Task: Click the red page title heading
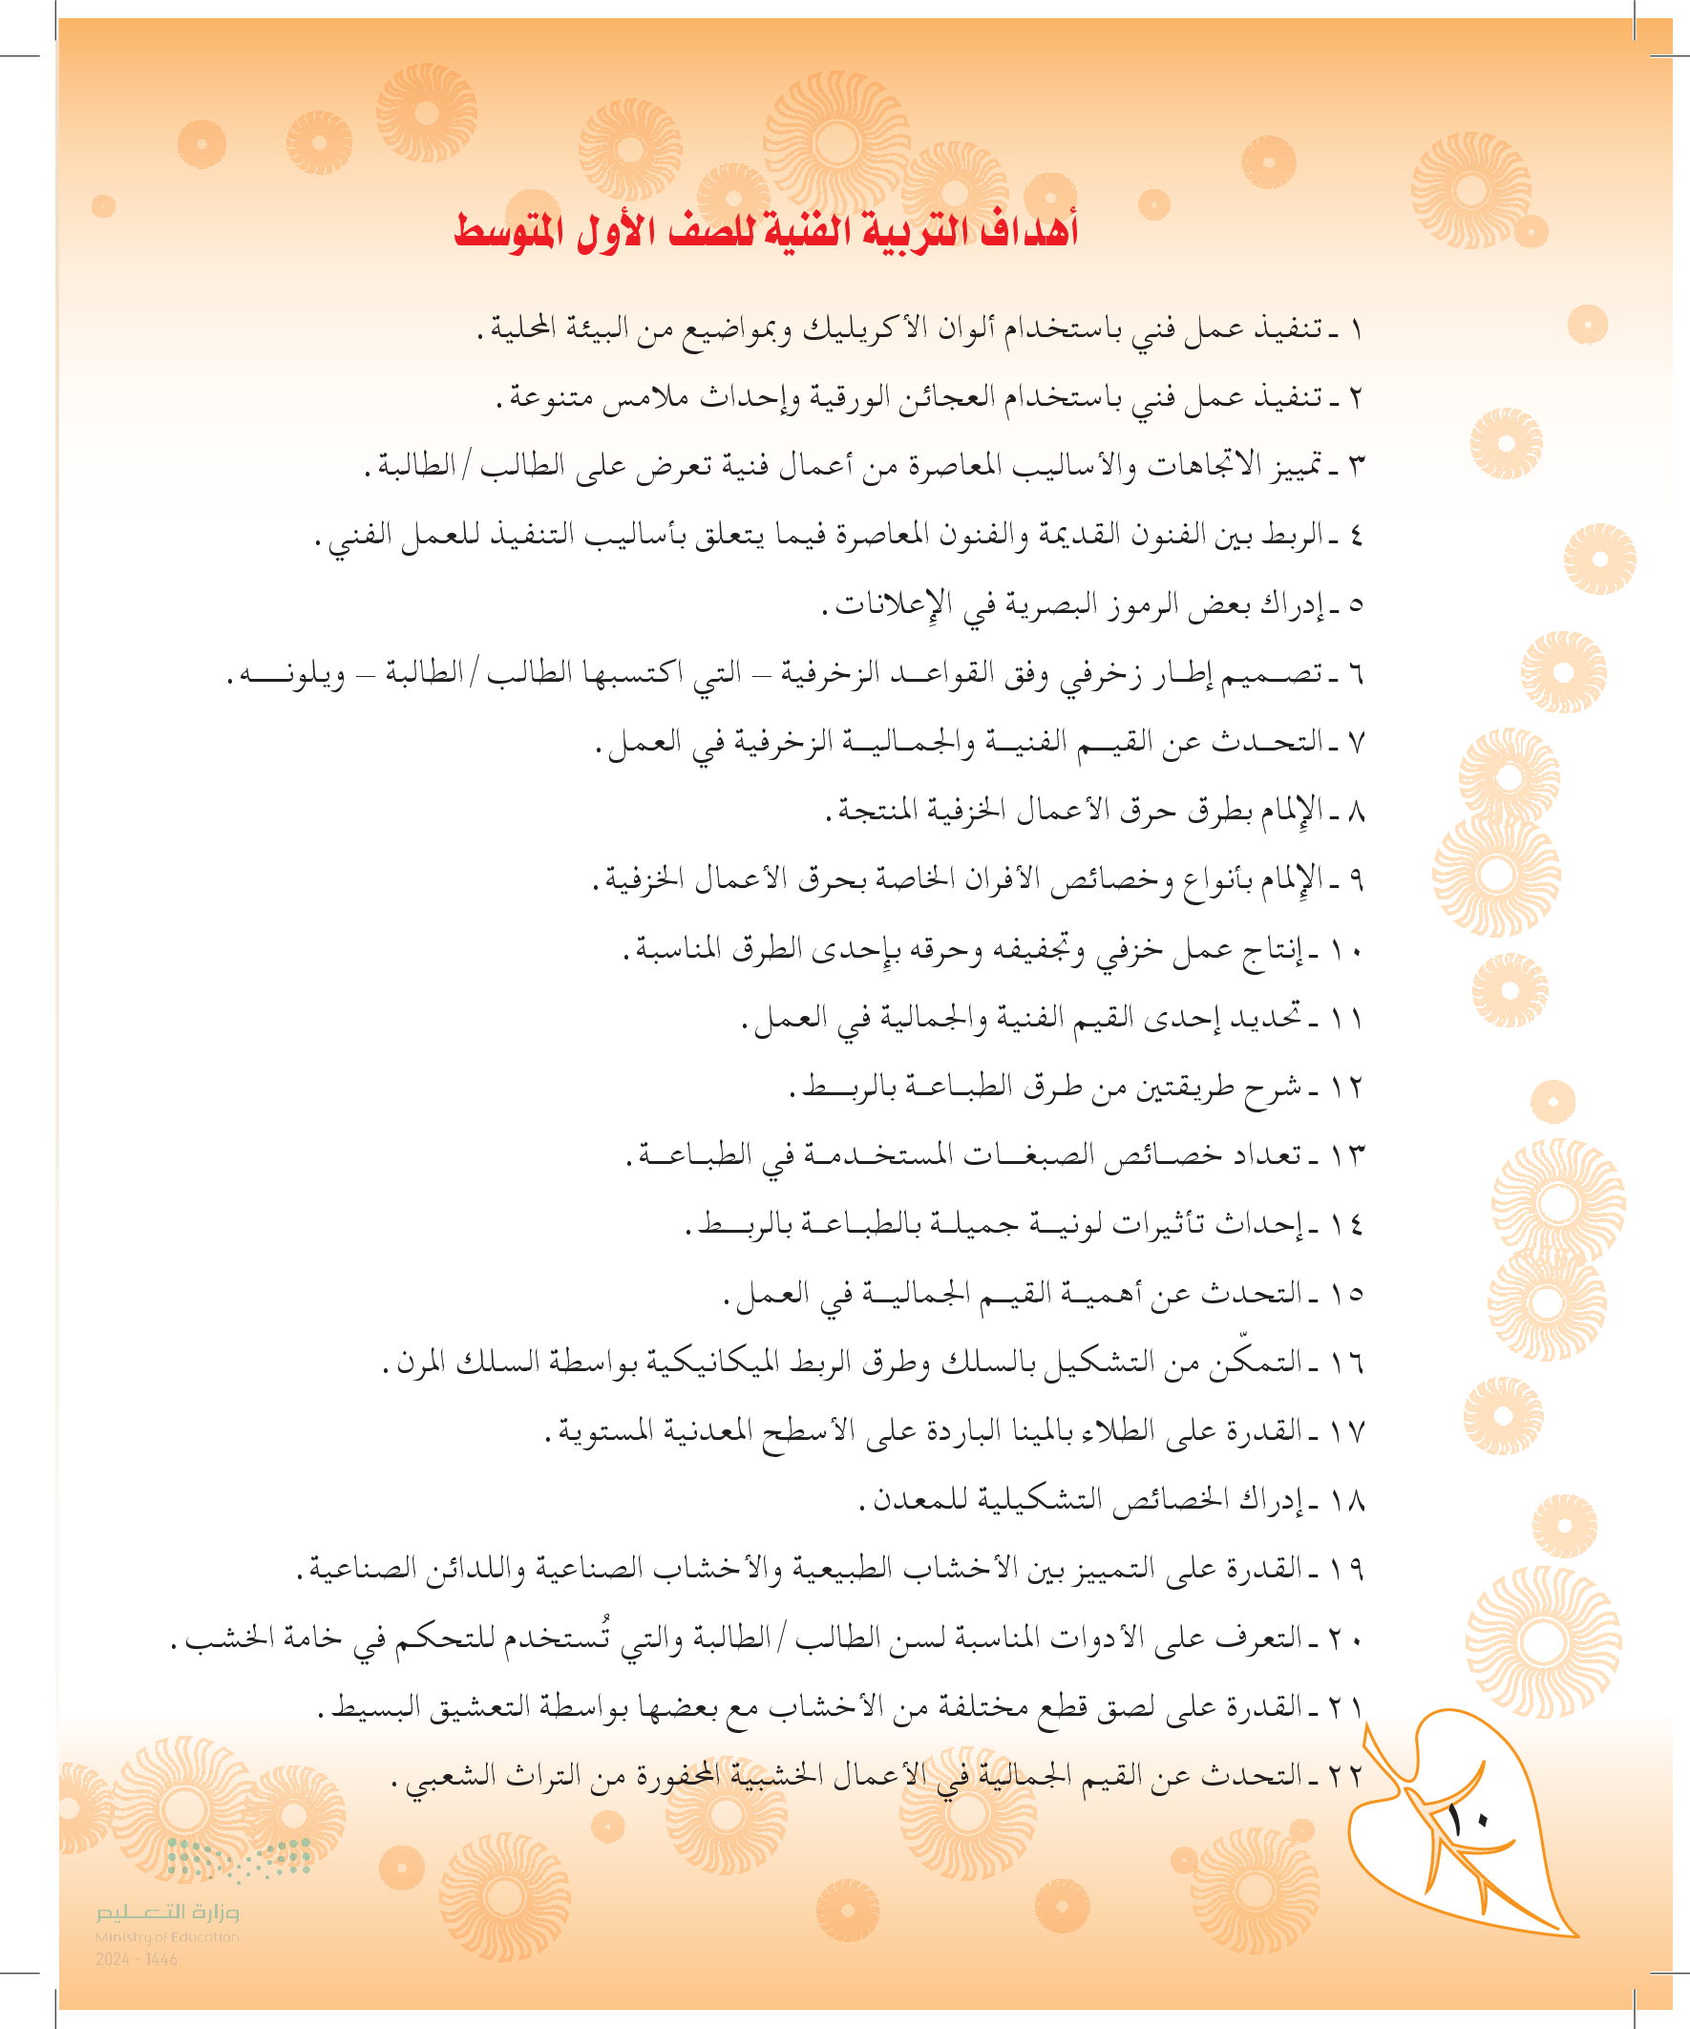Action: [766, 231]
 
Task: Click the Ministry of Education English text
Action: [166, 1936]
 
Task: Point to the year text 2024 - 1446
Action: [137, 1959]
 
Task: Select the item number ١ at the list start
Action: [1356, 330]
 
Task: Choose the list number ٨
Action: [1356, 812]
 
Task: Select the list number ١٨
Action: [1345, 1500]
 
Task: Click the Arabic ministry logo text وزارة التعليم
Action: [167, 1913]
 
